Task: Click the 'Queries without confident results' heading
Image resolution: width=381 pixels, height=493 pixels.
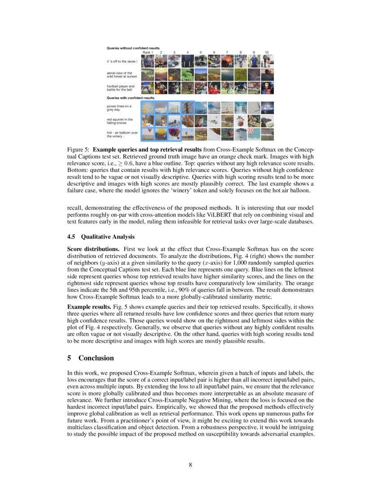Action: (x=133, y=48)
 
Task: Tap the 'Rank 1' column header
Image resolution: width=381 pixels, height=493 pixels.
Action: (x=147, y=52)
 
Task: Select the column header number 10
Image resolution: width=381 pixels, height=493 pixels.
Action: (x=267, y=52)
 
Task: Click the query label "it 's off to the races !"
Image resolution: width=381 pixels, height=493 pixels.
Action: (x=122, y=61)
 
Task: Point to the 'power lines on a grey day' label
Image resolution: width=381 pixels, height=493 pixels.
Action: (x=119, y=108)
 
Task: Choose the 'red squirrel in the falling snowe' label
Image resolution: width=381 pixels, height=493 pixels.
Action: (x=120, y=121)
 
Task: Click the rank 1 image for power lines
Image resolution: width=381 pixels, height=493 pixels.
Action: (x=147, y=108)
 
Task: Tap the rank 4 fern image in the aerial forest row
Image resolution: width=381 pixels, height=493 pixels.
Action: (x=187, y=74)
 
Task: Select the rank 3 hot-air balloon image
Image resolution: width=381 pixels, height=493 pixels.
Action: (x=174, y=134)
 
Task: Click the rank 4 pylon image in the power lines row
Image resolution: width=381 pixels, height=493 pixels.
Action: (x=187, y=108)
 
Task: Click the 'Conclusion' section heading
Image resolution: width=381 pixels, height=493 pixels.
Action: (x=96, y=358)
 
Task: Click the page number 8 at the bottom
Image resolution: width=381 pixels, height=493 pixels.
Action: (x=190, y=464)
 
